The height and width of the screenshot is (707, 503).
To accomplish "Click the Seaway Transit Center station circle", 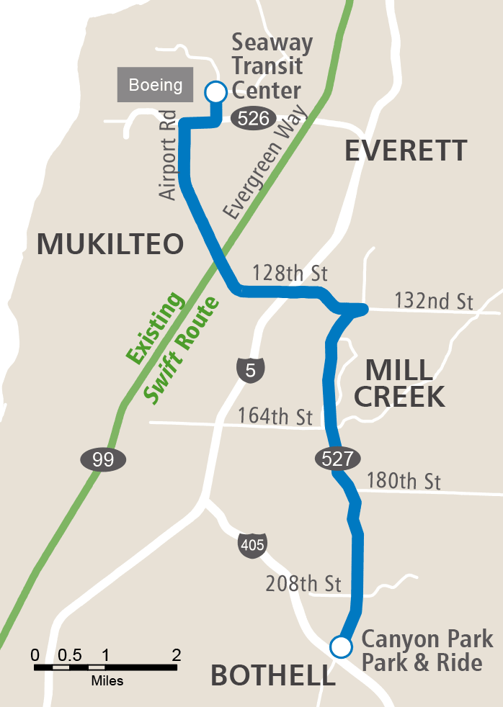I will tap(215, 92).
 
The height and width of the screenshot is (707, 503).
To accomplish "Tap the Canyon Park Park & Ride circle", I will tap(340, 647).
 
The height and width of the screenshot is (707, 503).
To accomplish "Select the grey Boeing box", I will tap(156, 85).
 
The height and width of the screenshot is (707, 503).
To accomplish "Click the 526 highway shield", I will tap(253, 119).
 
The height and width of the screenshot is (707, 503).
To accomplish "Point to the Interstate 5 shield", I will tap(250, 370).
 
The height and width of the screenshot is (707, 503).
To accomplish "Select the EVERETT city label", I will tap(406, 151).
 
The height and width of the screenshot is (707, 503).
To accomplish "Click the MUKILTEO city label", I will tap(110, 245).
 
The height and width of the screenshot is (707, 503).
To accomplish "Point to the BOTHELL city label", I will tap(272, 675).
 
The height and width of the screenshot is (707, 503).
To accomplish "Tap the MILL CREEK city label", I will tap(399, 383).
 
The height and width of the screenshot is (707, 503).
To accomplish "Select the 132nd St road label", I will tap(434, 300).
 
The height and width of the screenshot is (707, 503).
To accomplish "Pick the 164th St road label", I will tap(275, 417).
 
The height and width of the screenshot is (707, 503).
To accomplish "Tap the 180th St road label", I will tap(404, 480).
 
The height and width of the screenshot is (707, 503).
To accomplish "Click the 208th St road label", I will tap(304, 582).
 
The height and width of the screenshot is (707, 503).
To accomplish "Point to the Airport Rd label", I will tap(168, 155).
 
